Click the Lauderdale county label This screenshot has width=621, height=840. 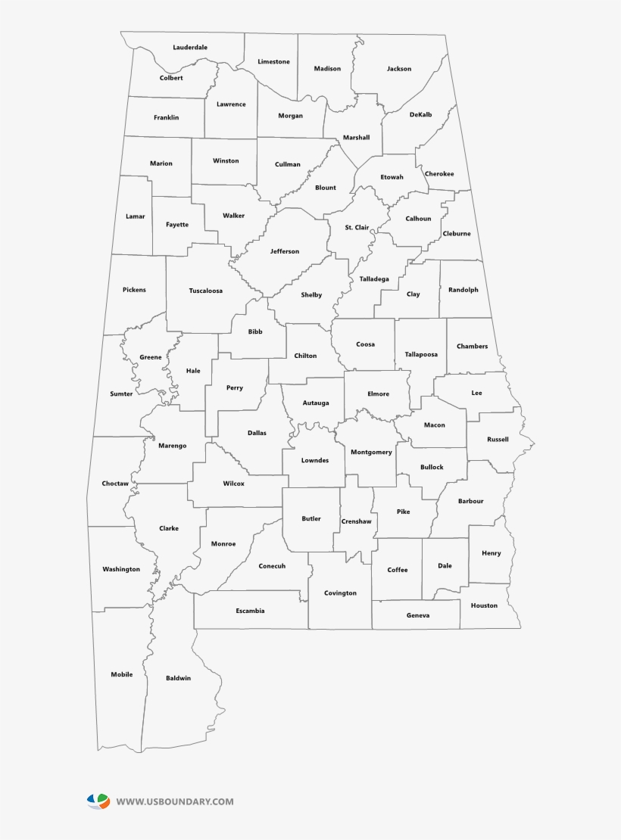click(190, 48)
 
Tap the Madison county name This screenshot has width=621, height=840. click(328, 69)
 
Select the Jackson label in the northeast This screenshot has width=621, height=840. click(399, 69)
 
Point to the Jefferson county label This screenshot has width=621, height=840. click(285, 251)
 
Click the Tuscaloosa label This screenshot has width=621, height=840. click(206, 291)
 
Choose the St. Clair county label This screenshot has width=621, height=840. click(357, 227)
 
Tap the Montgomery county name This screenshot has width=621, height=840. click(371, 453)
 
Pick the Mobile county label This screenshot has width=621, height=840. click(122, 674)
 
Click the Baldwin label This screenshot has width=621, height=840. click(179, 678)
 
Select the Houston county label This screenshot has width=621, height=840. click(484, 605)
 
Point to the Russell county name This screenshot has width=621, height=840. click(498, 440)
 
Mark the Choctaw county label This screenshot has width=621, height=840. click(115, 484)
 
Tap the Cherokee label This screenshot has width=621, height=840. click(439, 174)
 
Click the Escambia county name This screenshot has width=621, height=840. click(250, 611)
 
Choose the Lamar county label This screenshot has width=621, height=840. click(135, 216)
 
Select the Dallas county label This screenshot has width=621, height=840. click(257, 433)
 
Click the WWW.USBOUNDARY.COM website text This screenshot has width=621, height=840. click(175, 801)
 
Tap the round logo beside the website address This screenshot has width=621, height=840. click(98, 801)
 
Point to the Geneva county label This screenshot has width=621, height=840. click(418, 615)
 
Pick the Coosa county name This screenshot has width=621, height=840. click(365, 344)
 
